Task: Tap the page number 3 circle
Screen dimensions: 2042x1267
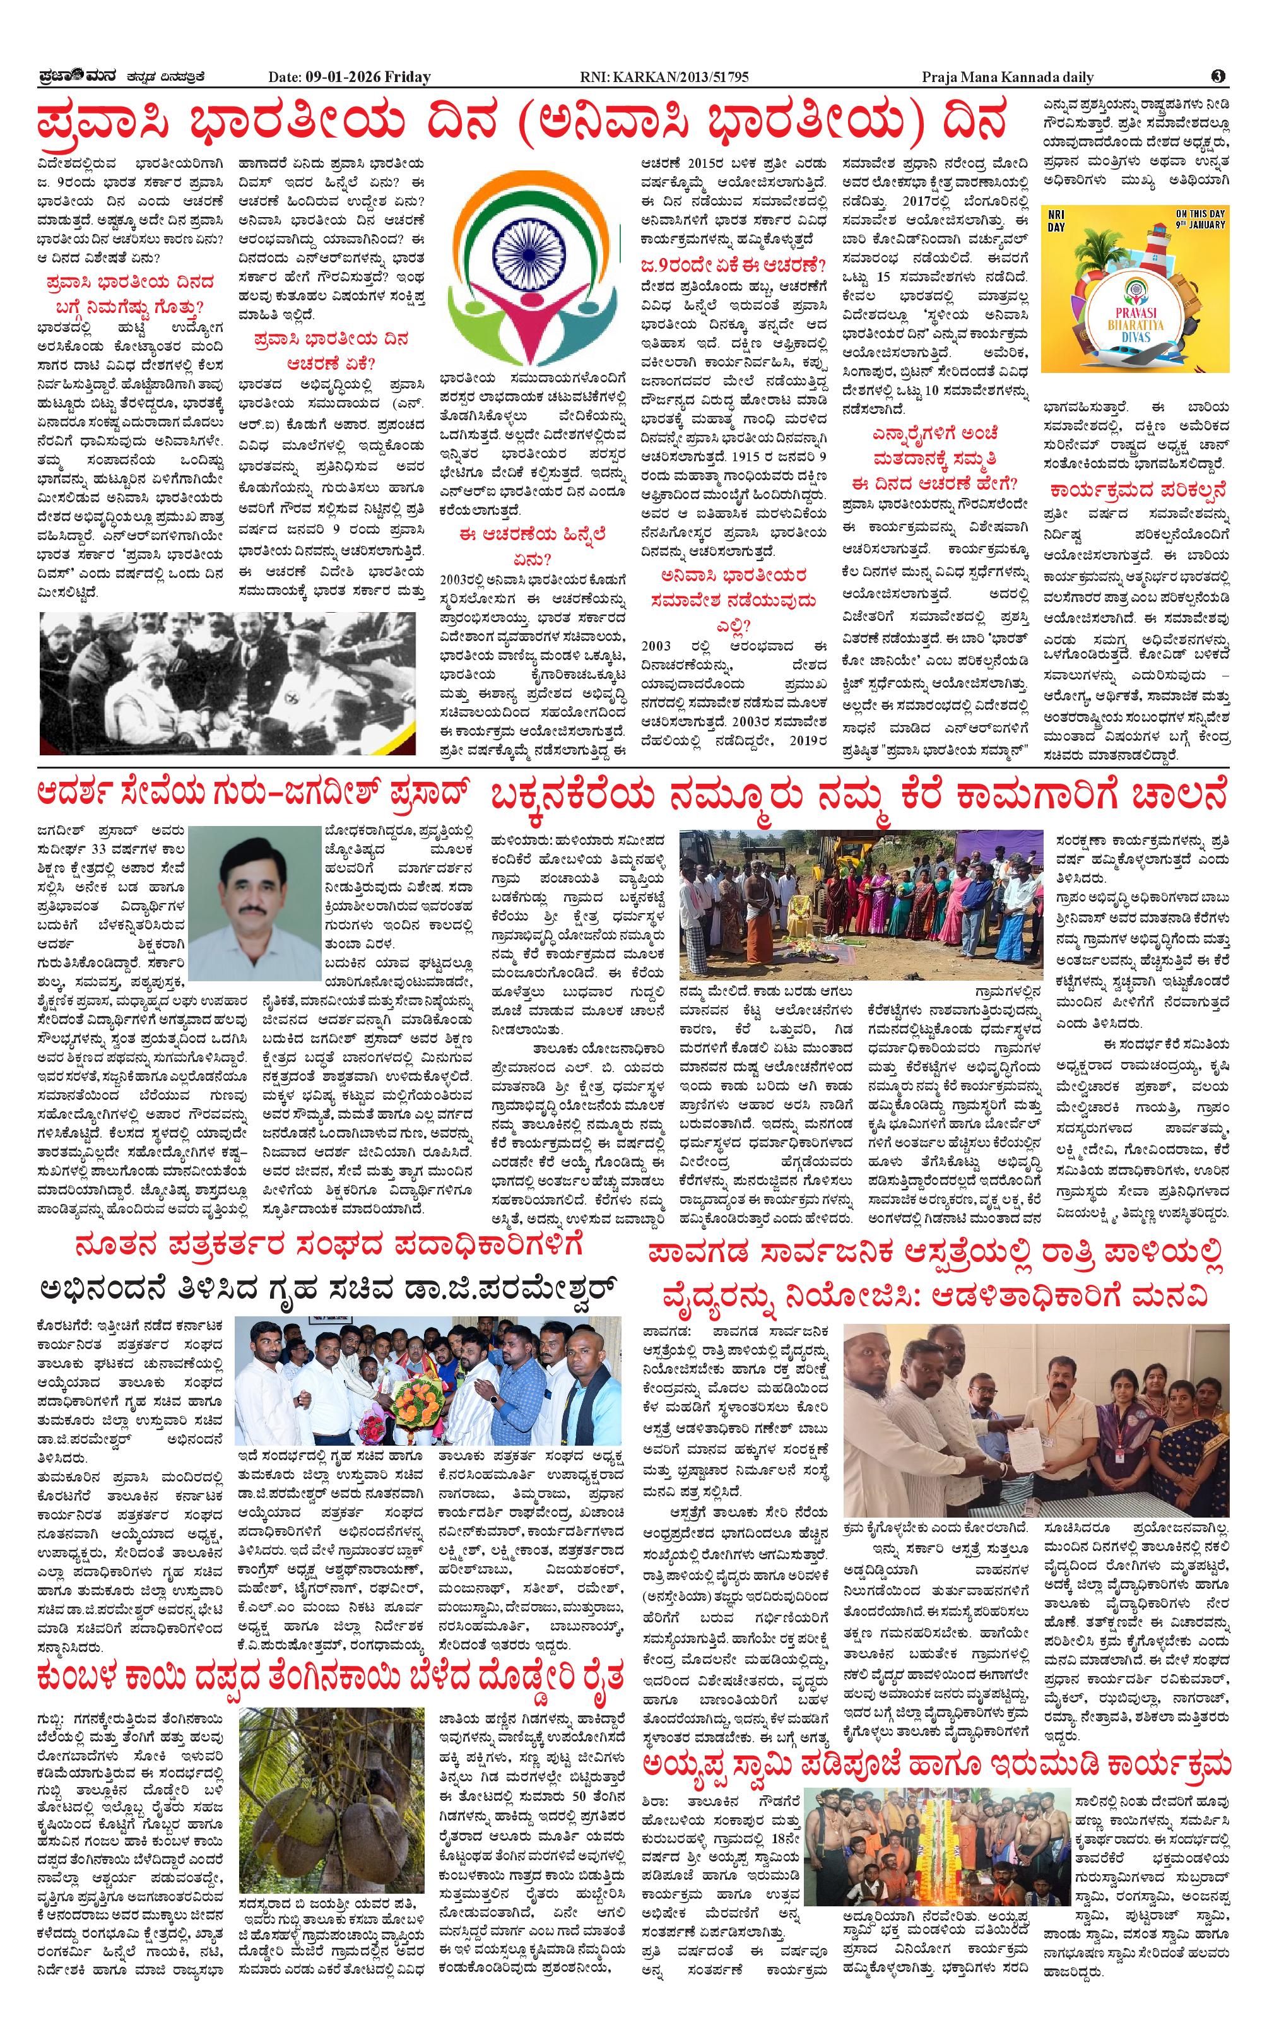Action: point(1218,76)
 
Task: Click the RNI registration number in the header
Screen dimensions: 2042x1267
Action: point(664,77)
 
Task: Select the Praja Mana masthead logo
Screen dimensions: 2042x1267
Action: point(78,76)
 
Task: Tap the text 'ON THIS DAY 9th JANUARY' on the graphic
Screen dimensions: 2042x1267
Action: point(1200,220)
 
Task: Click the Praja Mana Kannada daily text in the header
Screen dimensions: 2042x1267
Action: point(1007,77)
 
